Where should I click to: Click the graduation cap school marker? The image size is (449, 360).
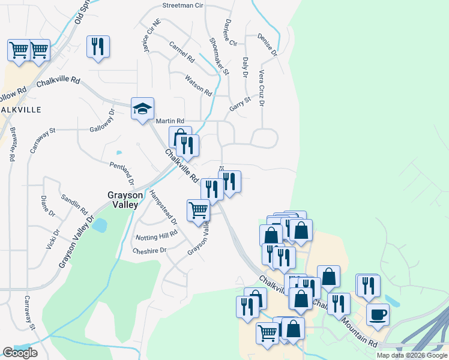[143, 109]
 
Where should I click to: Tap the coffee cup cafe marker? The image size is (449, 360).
[378, 314]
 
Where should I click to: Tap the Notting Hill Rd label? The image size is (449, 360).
[157, 236]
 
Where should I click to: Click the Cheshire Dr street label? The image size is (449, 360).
[149, 251]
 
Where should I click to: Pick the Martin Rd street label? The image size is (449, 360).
[170, 121]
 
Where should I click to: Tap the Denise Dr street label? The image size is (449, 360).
[267, 44]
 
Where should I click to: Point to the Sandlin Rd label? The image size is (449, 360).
[74, 204]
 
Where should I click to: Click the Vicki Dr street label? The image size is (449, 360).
[53, 239]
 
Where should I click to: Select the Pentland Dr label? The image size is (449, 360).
[122, 173]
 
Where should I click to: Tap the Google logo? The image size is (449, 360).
[20, 353]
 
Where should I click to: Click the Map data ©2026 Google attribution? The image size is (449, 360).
[412, 355]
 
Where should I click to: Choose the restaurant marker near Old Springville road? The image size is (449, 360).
[98, 47]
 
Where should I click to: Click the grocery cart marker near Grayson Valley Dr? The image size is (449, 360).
[198, 211]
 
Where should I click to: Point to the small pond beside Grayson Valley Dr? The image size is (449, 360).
[100, 226]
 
